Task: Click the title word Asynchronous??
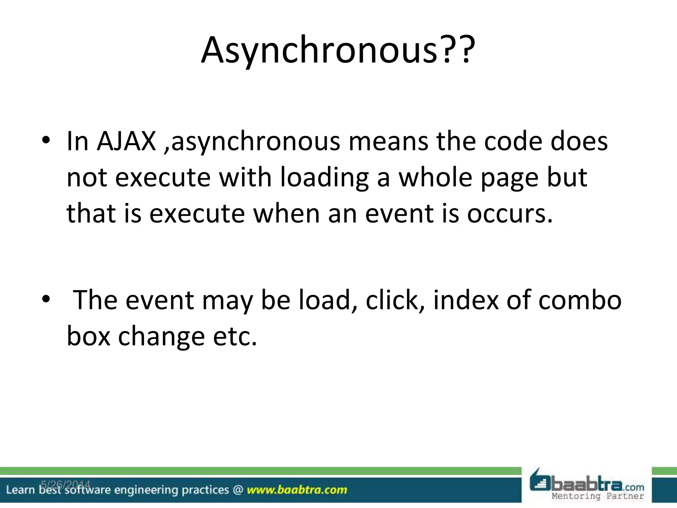[338, 50]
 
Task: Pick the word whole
[435, 177]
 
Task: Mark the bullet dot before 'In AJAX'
[46, 141]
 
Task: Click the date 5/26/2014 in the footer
[65, 485]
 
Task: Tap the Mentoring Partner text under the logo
[598, 496]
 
